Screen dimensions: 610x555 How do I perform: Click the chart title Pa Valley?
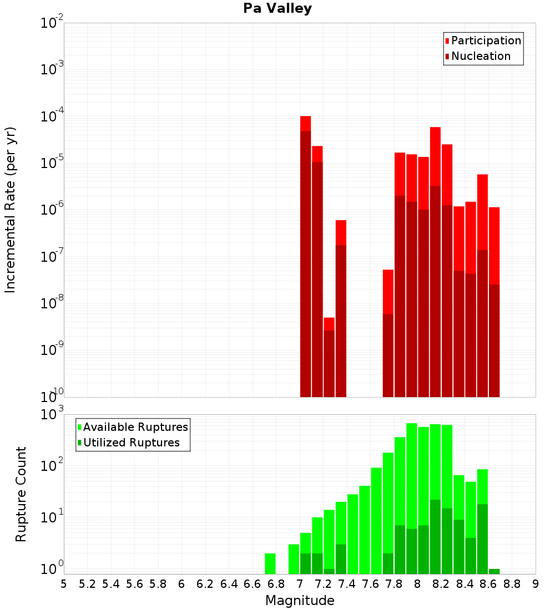coord(277,8)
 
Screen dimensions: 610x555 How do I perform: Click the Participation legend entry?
coord(483,40)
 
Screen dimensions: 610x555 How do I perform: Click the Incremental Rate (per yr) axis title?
coord(11,210)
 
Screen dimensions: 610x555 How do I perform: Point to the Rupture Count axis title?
coord(21,494)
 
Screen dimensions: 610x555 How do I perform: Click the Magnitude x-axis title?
coord(300,601)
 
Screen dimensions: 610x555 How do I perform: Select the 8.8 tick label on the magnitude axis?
coord(512,583)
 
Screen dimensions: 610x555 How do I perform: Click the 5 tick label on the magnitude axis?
coord(64,583)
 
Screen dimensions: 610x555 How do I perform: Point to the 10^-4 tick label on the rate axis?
coord(52,117)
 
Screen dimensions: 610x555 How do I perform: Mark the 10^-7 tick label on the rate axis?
coord(52,257)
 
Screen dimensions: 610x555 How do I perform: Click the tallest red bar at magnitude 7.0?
coord(305,255)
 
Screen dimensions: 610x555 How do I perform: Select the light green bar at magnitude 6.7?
coord(270,563)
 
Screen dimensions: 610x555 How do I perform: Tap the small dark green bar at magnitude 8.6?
coord(494,571)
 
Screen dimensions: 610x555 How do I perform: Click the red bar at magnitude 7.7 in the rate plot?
coord(388,333)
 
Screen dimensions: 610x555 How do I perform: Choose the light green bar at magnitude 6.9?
coord(294,559)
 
